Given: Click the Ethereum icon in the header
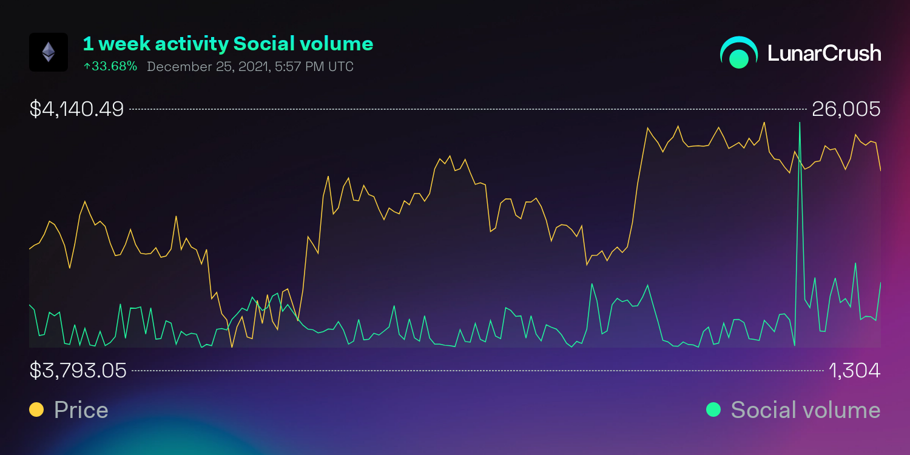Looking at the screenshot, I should tap(49, 52).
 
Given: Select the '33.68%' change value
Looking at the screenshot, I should tap(114, 66).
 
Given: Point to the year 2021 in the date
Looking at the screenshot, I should tap(250, 66).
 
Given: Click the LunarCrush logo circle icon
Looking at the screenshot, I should tap(739, 53).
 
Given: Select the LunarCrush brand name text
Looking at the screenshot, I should tap(824, 53).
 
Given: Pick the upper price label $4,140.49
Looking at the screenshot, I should tap(76, 109).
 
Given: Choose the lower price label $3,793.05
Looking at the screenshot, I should tap(78, 370).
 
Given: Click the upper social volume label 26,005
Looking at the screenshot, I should tap(846, 109).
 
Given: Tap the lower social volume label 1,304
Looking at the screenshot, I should tap(854, 370).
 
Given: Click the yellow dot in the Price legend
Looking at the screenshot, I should tap(36, 410).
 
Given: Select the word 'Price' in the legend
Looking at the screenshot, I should tap(81, 410).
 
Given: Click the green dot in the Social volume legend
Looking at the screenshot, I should tap(713, 410).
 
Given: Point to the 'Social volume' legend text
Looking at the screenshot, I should tap(805, 410).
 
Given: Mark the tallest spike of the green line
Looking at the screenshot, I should tap(800, 123).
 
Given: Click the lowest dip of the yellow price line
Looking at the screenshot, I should tap(232, 346).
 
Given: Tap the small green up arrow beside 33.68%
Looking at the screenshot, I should tap(87, 66).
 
